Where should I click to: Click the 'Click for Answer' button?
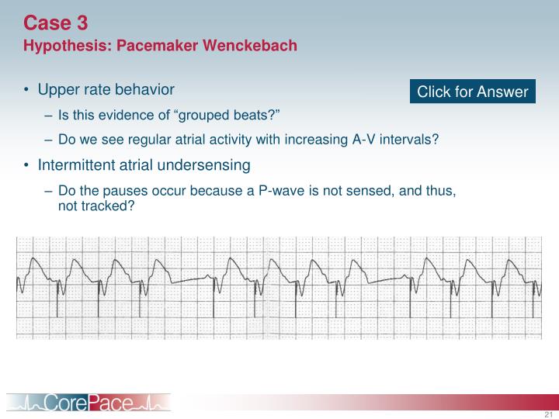click(473, 92)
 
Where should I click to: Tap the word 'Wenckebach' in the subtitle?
click(250, 46)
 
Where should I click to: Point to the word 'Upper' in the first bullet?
click(57, 90)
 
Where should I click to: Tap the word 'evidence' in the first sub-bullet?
click(119, 116)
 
